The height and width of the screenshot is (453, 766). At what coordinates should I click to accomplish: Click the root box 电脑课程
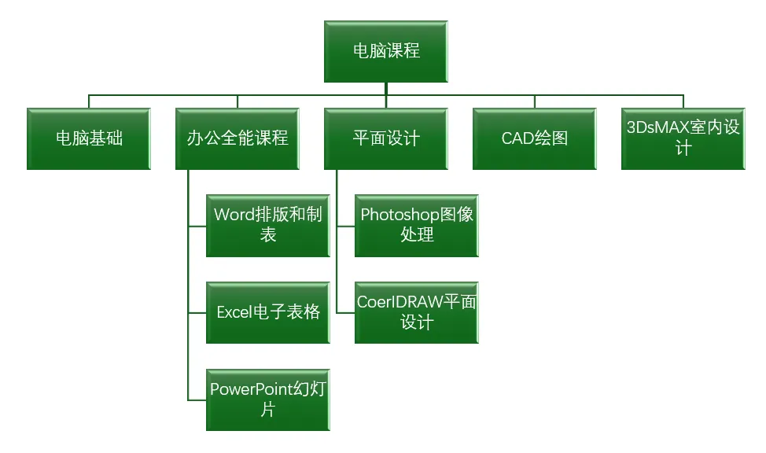(386, 52)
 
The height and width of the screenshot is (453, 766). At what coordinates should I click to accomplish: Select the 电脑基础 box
(89, 138)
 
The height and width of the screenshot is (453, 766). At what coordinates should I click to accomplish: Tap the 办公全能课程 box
(238, 138)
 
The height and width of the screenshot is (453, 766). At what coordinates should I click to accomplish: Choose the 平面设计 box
(386, 138)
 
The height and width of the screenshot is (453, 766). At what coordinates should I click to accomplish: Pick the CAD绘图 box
(535, 138)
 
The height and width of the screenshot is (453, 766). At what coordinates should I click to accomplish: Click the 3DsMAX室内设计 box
(683, 138)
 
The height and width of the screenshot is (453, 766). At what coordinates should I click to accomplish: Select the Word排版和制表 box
(268, 225)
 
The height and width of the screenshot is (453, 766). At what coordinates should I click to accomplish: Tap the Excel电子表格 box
(268, 311)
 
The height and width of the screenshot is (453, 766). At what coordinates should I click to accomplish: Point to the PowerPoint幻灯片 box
(268, 399)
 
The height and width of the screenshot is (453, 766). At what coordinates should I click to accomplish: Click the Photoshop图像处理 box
(417, 225)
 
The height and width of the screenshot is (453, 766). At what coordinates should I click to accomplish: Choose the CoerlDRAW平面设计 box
(417, 311)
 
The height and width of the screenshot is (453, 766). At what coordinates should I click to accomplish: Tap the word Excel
(234, 312)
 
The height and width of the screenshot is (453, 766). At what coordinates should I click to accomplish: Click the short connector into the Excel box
(197, 312)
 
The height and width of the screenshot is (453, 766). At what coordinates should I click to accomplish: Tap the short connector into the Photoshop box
(346, 226)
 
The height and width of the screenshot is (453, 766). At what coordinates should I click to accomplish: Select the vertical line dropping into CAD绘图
(535, 101)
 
